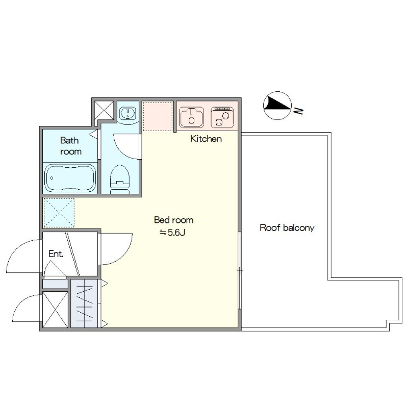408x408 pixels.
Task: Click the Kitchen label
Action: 206,139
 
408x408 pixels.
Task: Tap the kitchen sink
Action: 192,117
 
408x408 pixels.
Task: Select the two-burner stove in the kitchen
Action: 222,117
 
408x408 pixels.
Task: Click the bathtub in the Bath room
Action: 70,178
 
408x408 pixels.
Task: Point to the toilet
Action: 120,180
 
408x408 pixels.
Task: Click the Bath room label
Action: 70,146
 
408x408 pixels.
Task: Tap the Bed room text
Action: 173,220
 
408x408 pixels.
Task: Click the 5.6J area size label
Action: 173,233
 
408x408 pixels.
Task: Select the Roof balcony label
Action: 287,228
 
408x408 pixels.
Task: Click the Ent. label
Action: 56,253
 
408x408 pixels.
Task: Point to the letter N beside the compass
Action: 298,111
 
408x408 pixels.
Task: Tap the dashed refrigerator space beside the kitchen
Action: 158,117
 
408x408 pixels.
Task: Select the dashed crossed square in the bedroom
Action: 59,213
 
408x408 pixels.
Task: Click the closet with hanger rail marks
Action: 84,303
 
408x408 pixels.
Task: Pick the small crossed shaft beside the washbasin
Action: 104,110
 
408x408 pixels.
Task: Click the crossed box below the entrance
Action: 55,310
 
